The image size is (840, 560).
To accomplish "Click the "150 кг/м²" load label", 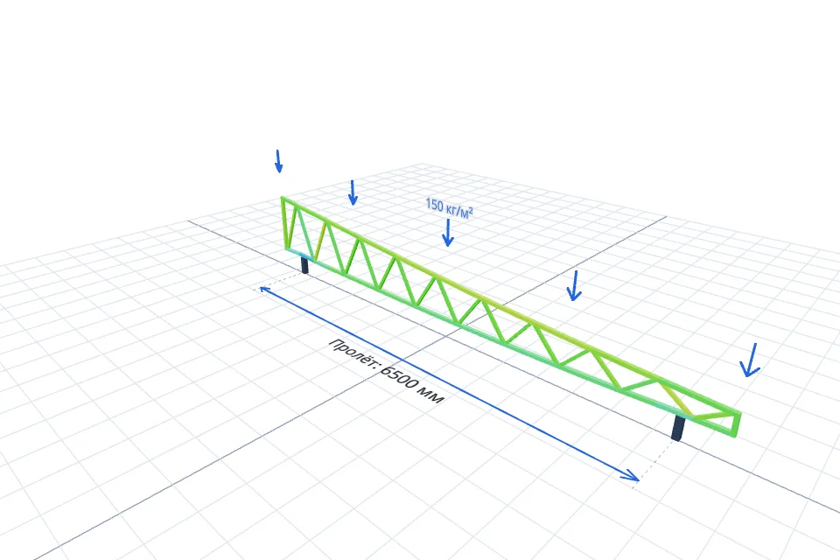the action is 449,208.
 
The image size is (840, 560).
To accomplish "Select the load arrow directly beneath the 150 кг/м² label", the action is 447,233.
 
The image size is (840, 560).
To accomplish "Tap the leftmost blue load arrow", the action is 278,161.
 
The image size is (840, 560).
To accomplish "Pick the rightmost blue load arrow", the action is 751,360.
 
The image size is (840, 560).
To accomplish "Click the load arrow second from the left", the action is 352,192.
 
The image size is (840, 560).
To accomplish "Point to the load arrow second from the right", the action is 574,285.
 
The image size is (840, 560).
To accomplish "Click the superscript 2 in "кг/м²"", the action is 470,211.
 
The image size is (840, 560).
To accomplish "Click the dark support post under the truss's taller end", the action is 304,265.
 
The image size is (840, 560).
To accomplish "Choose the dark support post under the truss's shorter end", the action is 677,428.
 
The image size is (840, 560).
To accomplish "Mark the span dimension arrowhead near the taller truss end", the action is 263,290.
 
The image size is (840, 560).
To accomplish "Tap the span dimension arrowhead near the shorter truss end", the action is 632,475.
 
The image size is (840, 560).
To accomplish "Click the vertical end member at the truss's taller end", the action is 283,224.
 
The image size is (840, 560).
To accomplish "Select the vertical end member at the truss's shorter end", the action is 737,424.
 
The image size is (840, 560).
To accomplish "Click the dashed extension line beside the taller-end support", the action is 278,281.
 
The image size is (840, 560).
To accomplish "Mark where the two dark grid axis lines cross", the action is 445,336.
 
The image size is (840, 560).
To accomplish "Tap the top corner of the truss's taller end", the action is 283,198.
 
